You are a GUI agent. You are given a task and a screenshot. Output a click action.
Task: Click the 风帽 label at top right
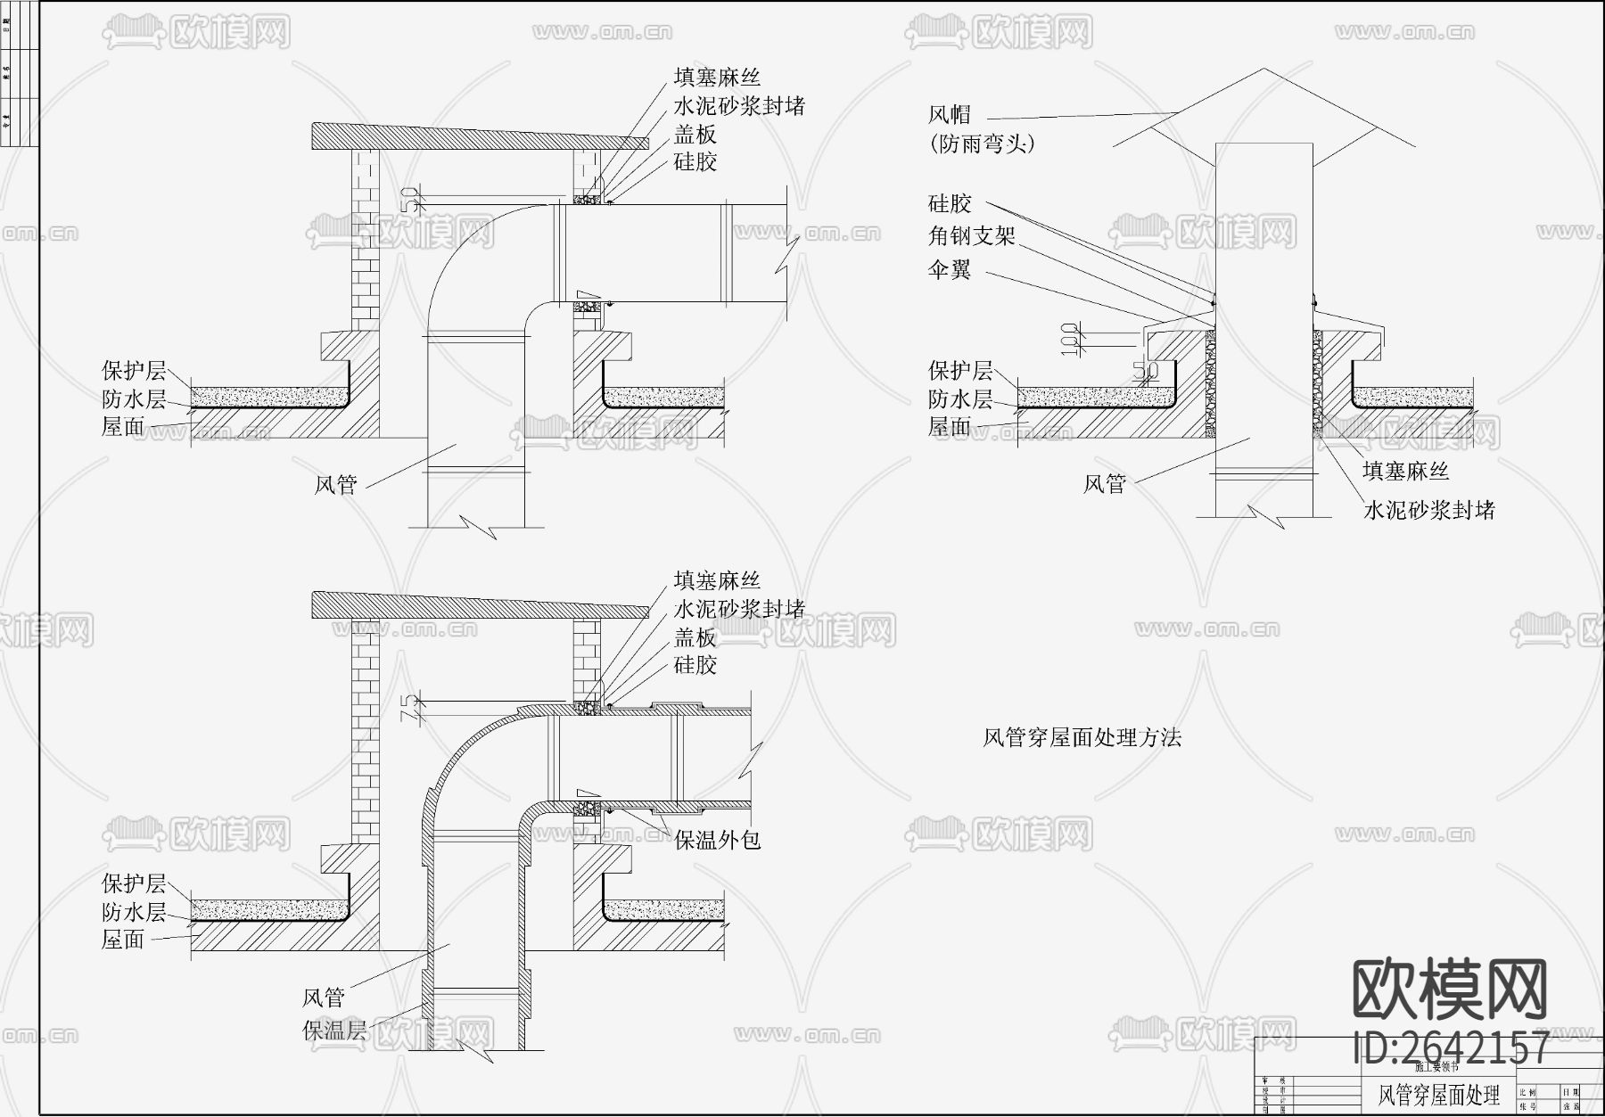[950, 115]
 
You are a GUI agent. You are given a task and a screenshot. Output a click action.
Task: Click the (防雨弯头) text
[982, 144]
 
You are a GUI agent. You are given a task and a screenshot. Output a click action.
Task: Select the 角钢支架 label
[971, 236]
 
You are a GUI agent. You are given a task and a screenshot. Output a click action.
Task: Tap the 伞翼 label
[950, 269]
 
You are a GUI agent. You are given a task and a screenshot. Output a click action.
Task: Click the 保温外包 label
[717, 840]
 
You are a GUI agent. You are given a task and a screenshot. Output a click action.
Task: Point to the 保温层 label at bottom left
[334, 1031]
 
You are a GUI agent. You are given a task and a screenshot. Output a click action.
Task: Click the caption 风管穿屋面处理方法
[1082, 737]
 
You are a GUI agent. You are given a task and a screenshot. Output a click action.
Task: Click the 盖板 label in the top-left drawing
[695, 135]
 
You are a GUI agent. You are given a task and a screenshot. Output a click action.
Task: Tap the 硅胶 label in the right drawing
[950, 203]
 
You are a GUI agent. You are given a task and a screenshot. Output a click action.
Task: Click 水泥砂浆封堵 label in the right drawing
[1428, 511]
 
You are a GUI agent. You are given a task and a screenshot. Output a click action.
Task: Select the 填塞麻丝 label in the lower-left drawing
[717, 581]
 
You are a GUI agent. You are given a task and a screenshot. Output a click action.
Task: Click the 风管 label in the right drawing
[1105, 484]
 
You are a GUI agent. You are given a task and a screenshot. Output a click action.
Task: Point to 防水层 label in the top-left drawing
[134, 398]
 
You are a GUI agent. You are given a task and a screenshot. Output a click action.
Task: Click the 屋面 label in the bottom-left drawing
[123, 939]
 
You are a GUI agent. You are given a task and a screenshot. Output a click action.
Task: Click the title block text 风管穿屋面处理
[1439, 1094]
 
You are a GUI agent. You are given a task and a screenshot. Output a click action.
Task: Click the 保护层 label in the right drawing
[960, 370]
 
